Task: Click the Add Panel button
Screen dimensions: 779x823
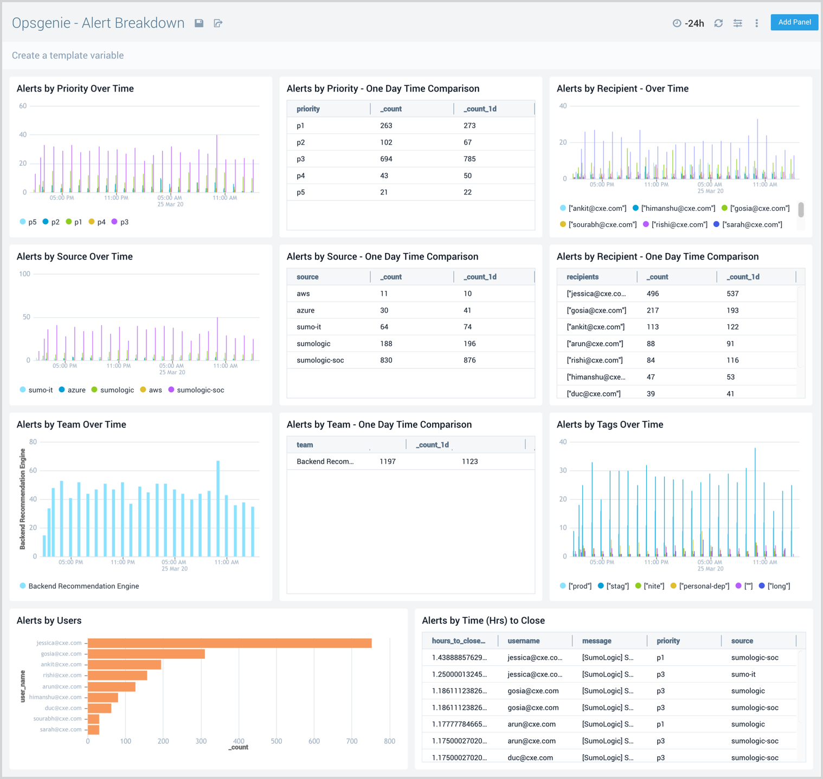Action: (794, 22)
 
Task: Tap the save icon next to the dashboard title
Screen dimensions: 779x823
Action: (199, 23)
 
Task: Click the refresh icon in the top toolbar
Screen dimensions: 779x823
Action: (718, 23)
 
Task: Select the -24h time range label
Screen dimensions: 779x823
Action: (694, 23)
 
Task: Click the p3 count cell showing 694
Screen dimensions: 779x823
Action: (386, 159)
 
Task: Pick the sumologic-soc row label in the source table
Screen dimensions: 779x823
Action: (320, 360)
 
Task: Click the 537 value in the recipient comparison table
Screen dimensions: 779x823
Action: (732, 294)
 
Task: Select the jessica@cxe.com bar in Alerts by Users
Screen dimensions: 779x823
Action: (229, 643)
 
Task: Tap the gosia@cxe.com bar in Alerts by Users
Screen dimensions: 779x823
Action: (146, 654)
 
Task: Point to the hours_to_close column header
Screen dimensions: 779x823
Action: (458, 641)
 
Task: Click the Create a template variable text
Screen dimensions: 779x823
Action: (68, 55)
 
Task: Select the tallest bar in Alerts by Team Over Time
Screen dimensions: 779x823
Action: (218, 508)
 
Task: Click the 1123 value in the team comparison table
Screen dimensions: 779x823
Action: (470, 462)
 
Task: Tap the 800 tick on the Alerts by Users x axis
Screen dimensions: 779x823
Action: (389, 741)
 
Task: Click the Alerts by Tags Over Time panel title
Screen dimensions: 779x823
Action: (609, 425)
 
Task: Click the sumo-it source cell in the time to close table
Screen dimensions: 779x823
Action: (743, 674)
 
